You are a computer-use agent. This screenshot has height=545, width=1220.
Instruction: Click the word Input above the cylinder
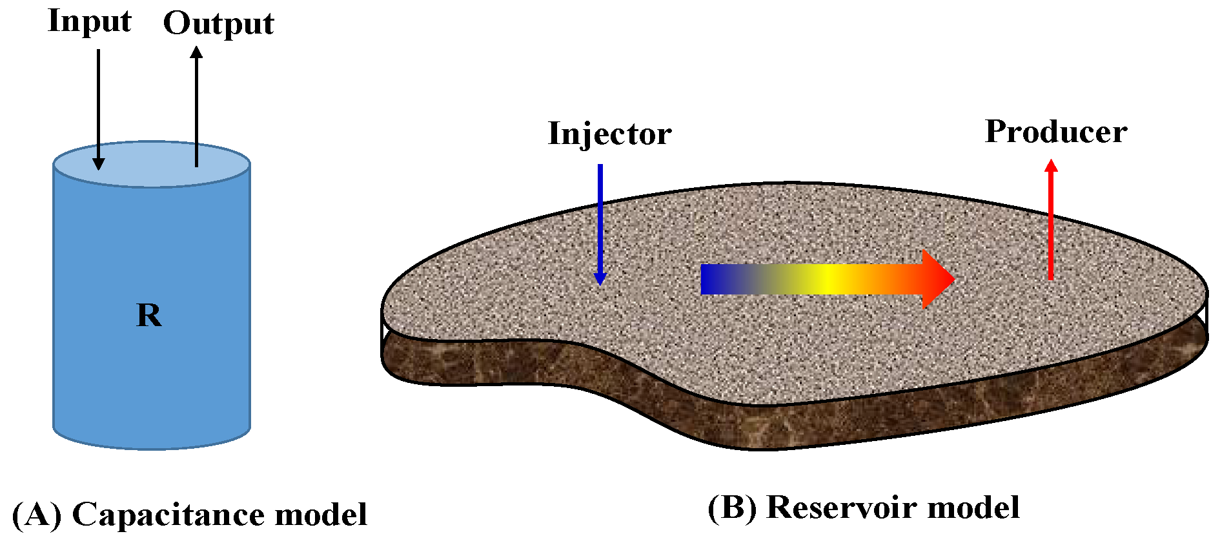89,22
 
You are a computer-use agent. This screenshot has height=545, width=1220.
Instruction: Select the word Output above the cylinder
218,25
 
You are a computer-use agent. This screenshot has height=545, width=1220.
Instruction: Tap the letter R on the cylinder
149,315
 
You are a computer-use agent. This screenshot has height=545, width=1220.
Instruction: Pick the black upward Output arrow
196,103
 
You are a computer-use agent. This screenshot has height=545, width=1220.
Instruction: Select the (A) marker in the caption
37,515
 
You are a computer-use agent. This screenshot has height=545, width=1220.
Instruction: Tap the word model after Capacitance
321,515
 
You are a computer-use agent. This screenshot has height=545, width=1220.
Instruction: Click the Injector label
609,134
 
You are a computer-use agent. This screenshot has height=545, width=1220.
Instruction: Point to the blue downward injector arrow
600,220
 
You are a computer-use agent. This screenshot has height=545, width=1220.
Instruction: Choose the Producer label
1055,132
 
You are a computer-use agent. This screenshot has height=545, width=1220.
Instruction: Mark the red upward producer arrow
1051,220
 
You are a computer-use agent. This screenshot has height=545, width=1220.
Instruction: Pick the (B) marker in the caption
733,508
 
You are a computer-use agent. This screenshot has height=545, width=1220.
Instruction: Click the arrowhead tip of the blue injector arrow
600,283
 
